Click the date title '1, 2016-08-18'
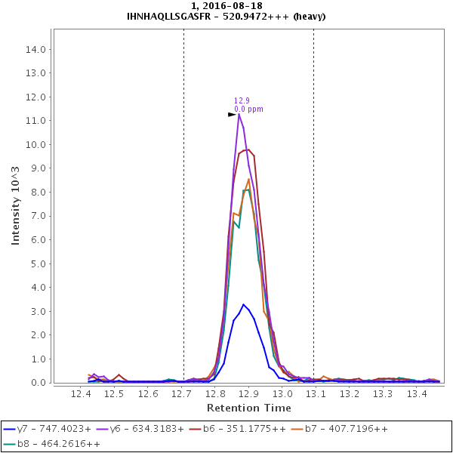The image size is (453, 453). pos(226,6)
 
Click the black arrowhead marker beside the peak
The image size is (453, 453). pos(233,115)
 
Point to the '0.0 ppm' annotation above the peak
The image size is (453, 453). pos(248,109)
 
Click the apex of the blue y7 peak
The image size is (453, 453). pos(243,304)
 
